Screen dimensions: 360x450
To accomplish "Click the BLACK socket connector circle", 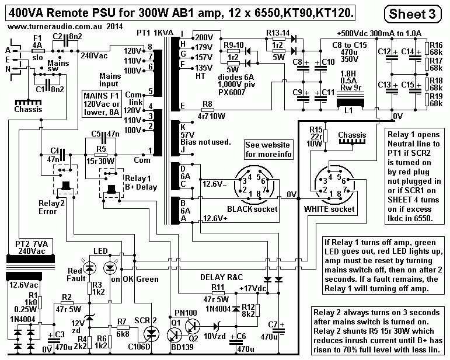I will pyautogui.click(x=256, y=187).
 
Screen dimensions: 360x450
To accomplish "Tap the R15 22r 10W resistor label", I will pyautogui.click(x=316, y=136).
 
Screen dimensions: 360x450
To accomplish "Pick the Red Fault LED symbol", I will pyautogui.click(x=90, y=267).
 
